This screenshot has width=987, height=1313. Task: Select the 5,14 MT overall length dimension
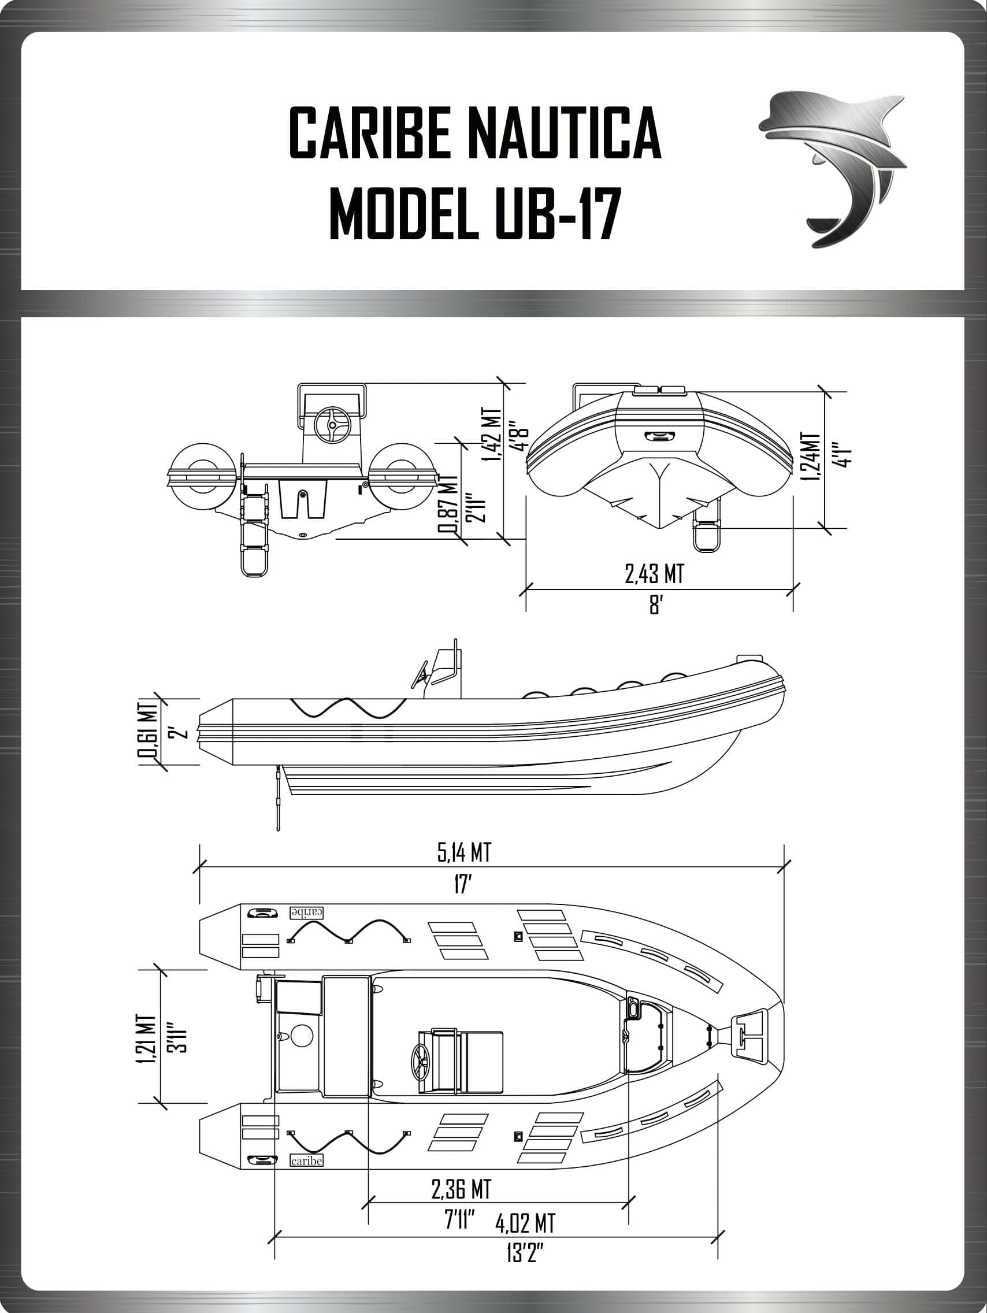(x=464, y=853)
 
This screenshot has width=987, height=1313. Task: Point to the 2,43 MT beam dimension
(x=654, y=574)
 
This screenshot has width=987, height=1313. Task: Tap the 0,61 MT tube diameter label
(x=148, y=731)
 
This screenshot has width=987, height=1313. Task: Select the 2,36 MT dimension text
(x=461, y=1188)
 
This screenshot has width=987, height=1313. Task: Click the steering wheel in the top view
(x=423, y=1059)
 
